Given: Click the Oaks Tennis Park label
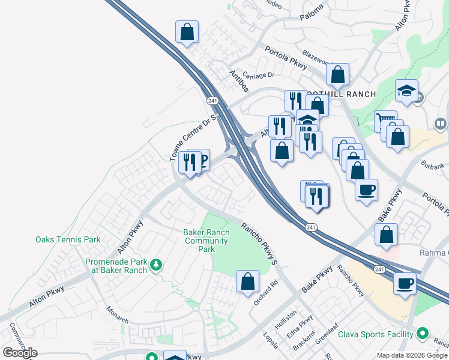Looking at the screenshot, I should click(68, 239).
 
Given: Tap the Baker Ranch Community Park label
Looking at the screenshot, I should click(206, 241).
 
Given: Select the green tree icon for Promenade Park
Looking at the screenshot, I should click(156, 265).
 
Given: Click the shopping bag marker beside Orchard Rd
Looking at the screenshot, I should click(247, 281).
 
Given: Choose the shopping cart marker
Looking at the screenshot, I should click(385, 121).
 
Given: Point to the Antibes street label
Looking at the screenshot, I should click(239, 80).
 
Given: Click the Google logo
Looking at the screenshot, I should click(20, 353).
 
